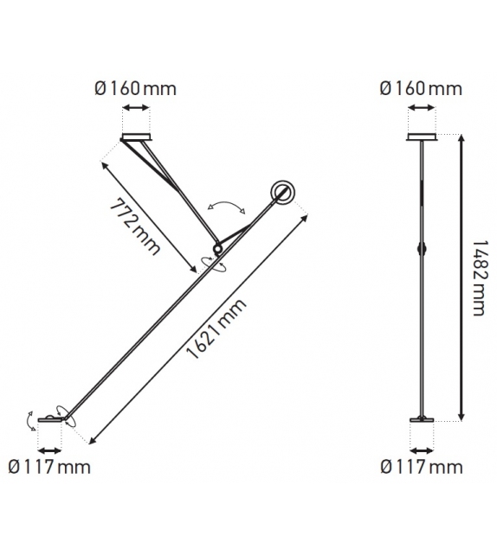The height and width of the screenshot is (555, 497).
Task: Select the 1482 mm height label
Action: coord(477,279)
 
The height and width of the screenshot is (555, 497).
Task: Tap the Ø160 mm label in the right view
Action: coord(422,87)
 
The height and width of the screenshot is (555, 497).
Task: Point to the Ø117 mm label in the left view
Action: coord(48,468)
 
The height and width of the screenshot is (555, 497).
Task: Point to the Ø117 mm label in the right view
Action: coord(422,468)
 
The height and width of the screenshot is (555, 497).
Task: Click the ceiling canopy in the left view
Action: coord(135,137)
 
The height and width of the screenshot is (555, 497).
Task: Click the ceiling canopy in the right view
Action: coord(422,137)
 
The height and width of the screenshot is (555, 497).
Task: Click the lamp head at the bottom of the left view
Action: coord(49,420)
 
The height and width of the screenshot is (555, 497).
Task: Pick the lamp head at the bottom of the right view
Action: coord(422,421)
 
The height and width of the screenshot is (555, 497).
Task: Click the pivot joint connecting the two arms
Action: coord(216,249)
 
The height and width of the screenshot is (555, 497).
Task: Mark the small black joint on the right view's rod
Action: coord(422,248)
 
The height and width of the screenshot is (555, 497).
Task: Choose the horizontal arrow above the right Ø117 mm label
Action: coord(422,450)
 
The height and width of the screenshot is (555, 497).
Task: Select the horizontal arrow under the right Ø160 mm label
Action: coord(422,108)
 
